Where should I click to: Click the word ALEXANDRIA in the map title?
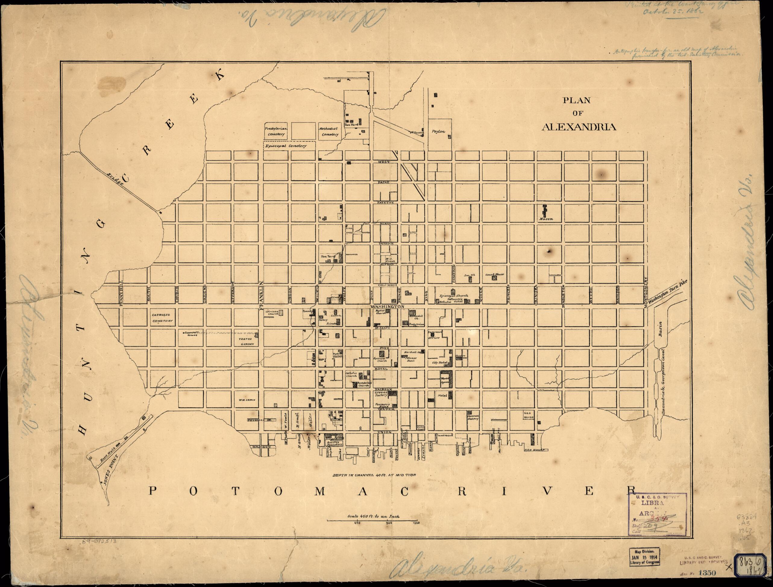[x=579, y=127]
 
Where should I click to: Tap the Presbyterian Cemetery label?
[x=276, y=131]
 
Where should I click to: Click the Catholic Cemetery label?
[x=162, y=318]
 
